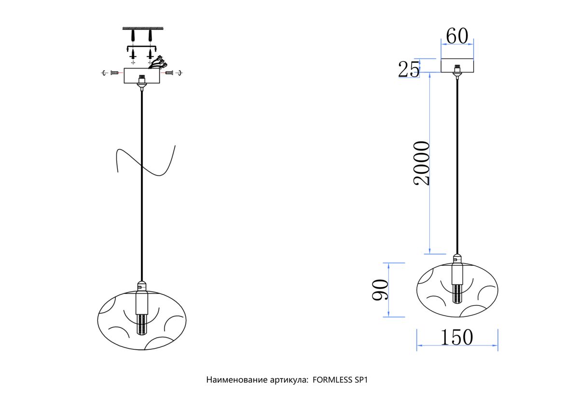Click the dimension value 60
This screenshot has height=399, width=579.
457,36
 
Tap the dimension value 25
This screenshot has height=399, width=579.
409,69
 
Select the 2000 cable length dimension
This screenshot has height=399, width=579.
421,163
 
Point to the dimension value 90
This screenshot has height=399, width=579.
380,289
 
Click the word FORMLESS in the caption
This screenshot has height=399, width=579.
332,380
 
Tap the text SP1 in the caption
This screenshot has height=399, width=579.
361,380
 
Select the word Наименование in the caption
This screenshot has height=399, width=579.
237,380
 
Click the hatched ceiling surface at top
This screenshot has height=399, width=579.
143,28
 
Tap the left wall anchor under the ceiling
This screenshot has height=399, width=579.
133,35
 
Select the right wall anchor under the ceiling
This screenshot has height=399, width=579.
150,35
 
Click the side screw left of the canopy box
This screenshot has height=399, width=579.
114,73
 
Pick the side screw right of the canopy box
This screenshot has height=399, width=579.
169,73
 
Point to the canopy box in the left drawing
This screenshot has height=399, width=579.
142,76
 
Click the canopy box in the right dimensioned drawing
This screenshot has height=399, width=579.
457,66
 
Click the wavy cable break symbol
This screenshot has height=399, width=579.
146,161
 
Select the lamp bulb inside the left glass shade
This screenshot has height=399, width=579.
141,324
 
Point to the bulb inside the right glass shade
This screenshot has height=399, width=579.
457,294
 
